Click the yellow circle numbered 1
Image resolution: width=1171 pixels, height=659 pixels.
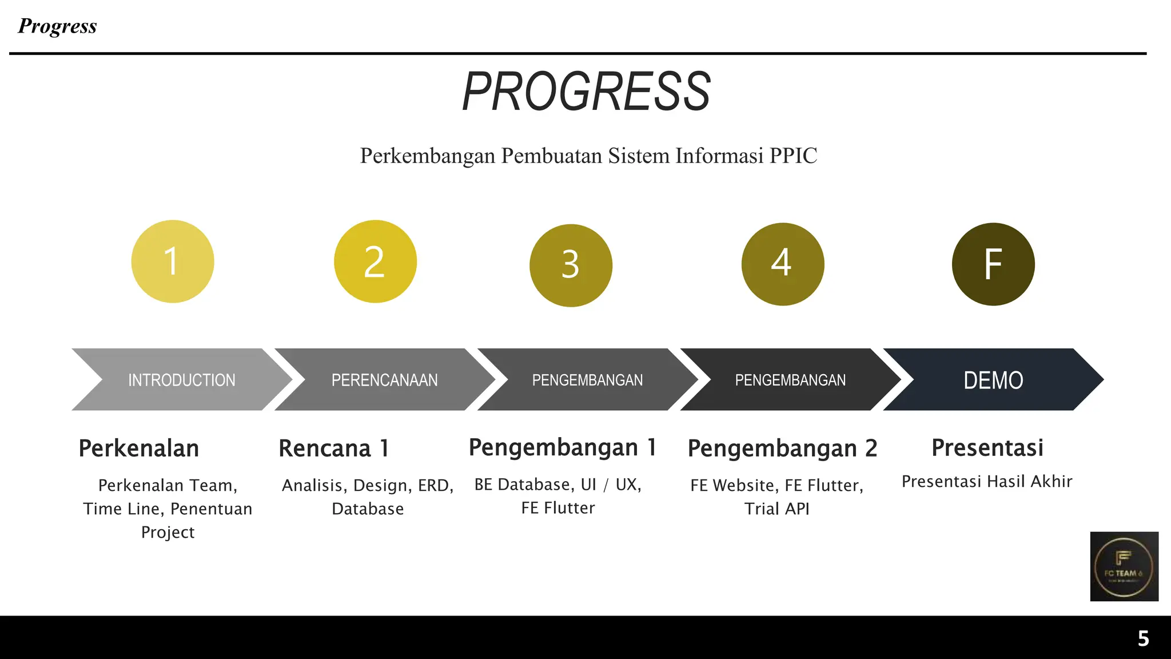[173, 261]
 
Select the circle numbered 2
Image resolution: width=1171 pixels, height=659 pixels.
[375, 261]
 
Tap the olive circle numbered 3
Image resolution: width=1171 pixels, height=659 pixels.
[571, 265]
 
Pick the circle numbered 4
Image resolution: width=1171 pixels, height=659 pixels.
[782, 264]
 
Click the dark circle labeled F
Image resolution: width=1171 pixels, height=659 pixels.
[993, 264]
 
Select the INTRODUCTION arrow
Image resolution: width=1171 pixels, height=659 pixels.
[181, 380]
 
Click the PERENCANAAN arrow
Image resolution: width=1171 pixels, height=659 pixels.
[384, 380]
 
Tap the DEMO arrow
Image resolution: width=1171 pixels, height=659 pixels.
[993, 380]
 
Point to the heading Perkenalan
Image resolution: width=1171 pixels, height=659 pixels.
[139, 448]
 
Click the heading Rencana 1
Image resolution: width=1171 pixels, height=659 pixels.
[334, 448]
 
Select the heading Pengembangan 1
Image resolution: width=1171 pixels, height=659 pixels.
[562, 447]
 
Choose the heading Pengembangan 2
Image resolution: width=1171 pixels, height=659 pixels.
[782, 448]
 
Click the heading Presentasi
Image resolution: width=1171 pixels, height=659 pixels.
[987, 447]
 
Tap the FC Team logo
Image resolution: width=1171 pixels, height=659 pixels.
[1124, 566]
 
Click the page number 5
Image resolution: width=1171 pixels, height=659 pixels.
[1143, 638]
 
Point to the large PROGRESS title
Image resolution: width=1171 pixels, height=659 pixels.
[586, 92]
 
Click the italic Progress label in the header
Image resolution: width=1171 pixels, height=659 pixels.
[57, 26]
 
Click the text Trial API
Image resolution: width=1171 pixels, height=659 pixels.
[776, 509]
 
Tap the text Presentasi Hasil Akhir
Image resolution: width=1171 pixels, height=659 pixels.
[987, 482]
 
